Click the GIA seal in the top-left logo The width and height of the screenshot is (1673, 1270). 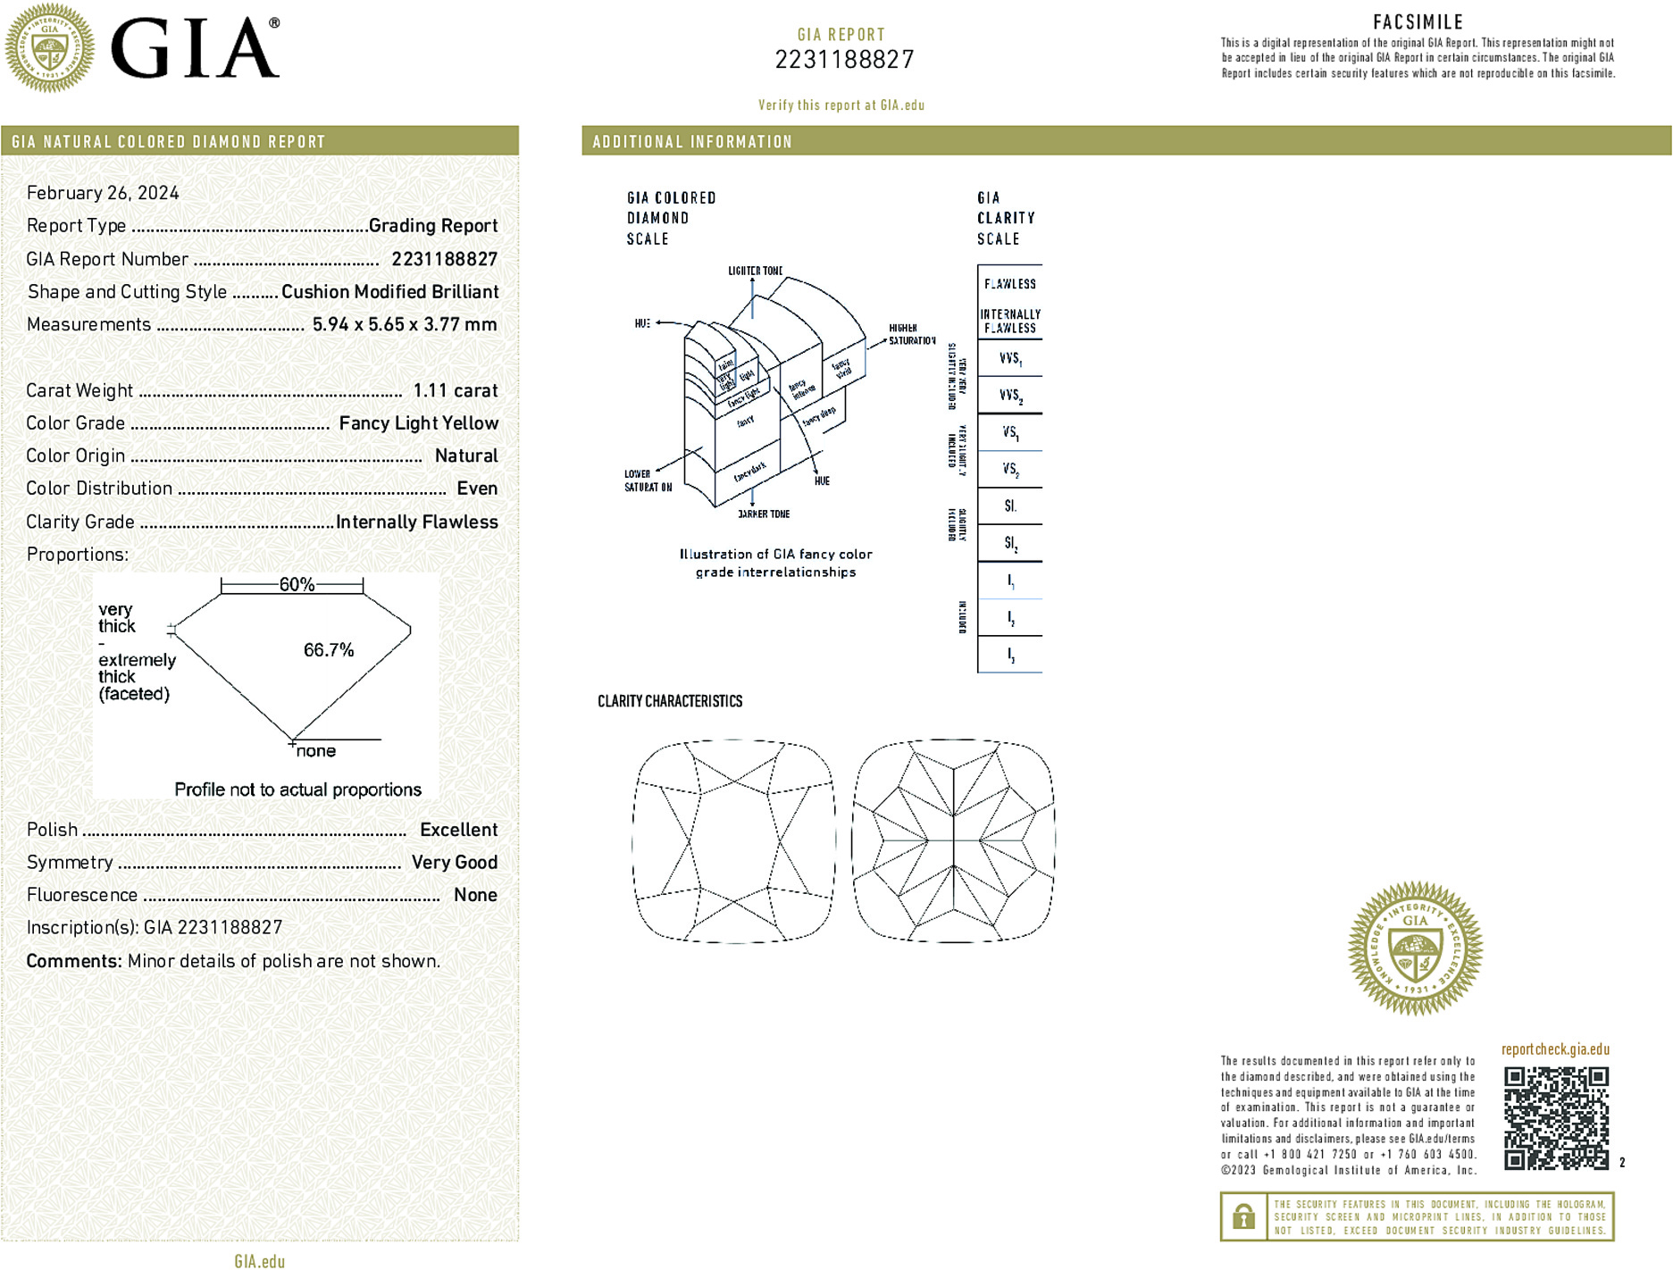pos(50,47)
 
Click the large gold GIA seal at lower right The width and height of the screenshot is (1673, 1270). pos(1415,948)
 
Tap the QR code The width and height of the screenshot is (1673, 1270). pos(1556,1117)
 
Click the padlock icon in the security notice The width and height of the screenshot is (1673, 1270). pos(1243,1216)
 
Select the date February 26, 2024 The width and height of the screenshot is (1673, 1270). pos(103,193)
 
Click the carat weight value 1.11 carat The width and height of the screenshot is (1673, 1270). pos(455,390)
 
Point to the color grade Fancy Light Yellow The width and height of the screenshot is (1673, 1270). pos(418,423)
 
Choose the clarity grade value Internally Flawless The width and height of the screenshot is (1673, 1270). pos(416,522)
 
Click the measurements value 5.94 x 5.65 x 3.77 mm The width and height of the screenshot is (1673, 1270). pos(404,324)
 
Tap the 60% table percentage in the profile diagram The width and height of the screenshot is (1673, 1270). pos(297,585)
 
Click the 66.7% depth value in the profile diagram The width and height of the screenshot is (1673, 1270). pos(329,650)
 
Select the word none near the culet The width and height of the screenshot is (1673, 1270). pos(316,751)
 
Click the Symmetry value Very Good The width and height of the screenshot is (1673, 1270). pos(454,862)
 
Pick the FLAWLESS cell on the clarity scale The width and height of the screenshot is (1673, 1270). pos(1010,284)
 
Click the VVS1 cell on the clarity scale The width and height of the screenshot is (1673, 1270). pos(1010,359)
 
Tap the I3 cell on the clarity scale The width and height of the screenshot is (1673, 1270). pos(1010,655)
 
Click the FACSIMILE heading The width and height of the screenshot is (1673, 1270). pos(1418,22)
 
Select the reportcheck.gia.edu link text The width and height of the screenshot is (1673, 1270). pos(1555,1049)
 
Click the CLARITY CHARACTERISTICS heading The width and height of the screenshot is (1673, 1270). pos(670,701)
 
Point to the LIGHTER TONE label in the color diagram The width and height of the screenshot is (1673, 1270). pos(755,271)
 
